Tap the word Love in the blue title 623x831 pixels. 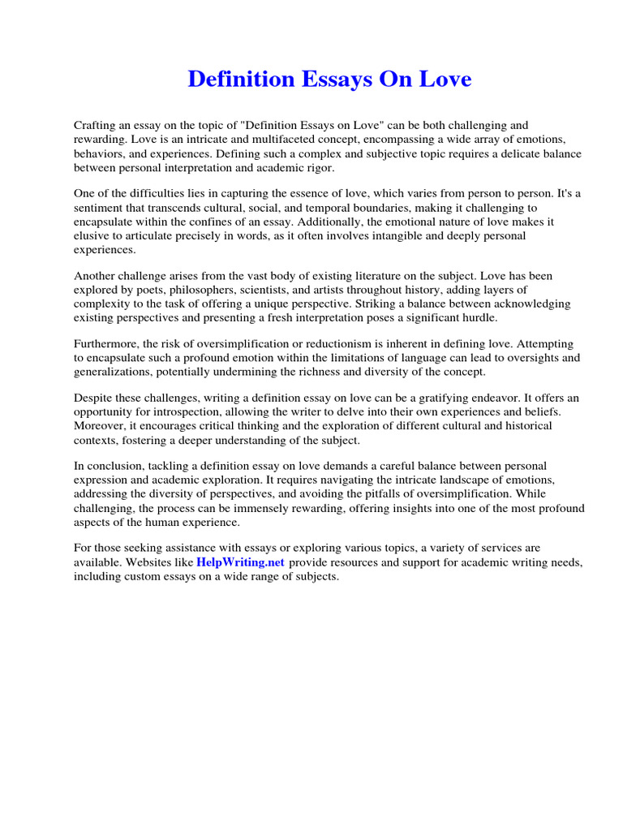coord(445,80)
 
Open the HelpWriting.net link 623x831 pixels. coord(240,562)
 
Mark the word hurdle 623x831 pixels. coord(479,318)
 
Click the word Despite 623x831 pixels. coord(93,399)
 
